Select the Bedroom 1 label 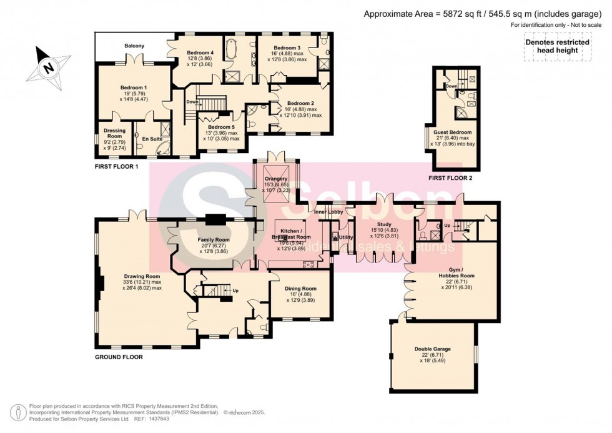tap(133, 87)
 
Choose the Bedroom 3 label tap(287, 48)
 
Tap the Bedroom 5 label tap(219, 127)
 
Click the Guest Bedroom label tap(453, 132)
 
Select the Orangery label tap(275, 179)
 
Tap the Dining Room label tap(299, 289)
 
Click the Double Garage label tap(432, 349)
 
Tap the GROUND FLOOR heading tap(119, 357)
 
